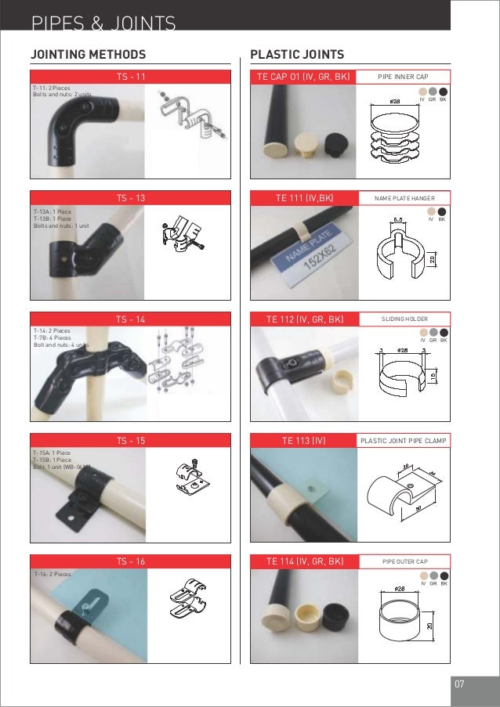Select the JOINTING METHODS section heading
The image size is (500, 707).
coord(88,55)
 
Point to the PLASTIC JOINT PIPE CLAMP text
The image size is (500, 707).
coord(403,440)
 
